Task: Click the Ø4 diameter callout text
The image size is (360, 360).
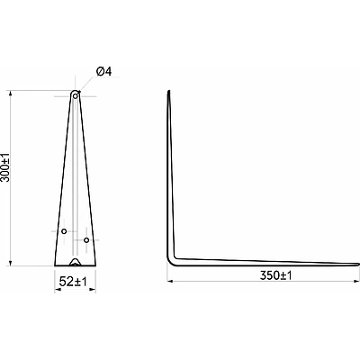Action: [103, 72]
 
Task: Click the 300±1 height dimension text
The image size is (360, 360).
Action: [5, 167]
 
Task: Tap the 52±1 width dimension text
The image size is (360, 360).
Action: [73, 282]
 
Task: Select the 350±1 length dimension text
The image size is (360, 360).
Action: [275, 275]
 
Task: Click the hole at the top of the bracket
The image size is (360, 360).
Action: [76, 96]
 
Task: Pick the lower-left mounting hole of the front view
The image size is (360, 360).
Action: [64, 231]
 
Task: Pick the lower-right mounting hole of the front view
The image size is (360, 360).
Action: [86, 240]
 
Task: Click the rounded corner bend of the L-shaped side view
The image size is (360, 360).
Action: [171, 262]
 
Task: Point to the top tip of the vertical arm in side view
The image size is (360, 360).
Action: [169, 91]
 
